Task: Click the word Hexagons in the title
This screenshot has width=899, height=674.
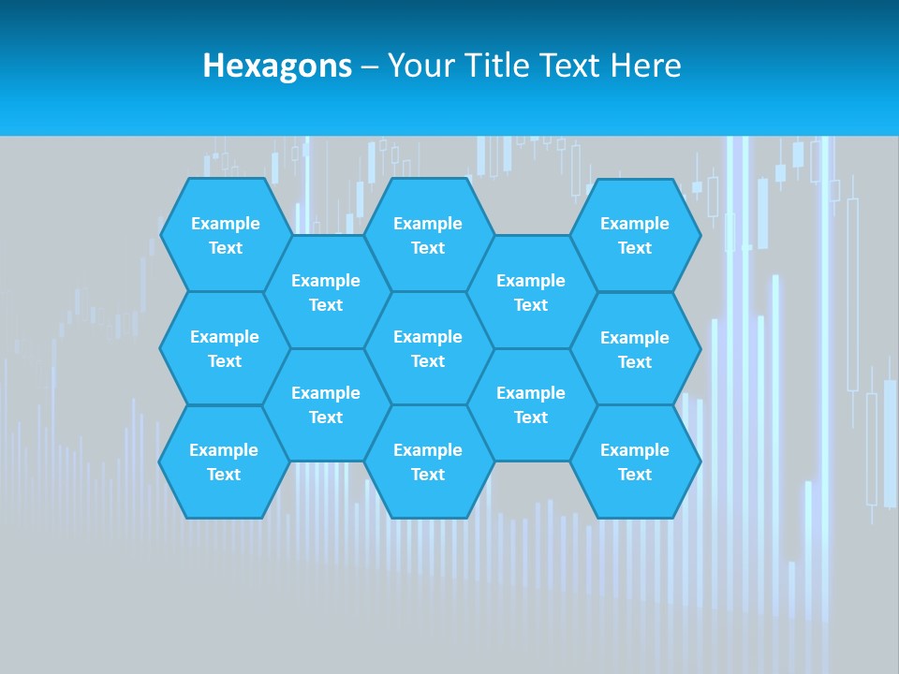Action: pos(277,66)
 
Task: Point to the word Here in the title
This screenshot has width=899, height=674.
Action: pos(645,66)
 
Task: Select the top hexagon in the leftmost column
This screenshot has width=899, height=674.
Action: pos(225,235)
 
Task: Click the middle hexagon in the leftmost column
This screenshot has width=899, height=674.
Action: pos(225,348)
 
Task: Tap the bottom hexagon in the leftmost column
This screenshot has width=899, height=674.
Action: pos(224,462)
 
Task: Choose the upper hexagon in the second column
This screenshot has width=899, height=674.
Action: pos(326,292)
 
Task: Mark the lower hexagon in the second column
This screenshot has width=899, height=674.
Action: pos(326,404)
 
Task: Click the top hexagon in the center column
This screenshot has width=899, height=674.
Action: pos(428,235)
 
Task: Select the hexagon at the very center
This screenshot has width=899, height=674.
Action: pos(428,348)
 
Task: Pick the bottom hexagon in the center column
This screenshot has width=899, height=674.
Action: pos(428,462)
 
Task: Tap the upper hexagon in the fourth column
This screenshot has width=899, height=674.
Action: pos(531,292)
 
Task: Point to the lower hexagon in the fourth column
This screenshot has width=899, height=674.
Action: pos(531,404)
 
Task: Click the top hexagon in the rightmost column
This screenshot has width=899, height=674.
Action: pos(635,235)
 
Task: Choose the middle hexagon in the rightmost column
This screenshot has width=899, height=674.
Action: pos(635,349)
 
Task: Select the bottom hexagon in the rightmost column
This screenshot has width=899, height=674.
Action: pos(635,462)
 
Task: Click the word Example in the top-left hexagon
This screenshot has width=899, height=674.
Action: pos(225,224)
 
